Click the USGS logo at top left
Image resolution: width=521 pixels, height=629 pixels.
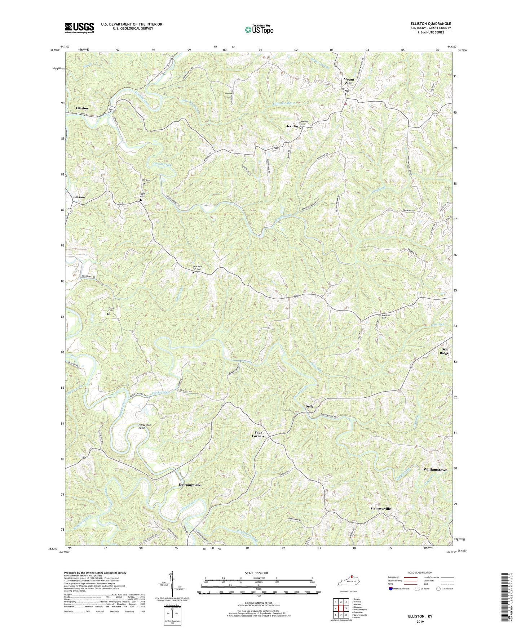coord(79,28)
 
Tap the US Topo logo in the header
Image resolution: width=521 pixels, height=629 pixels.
coord(259,30)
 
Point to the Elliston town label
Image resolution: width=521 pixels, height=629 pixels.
coord(82,108)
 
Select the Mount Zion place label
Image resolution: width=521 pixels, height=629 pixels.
coord(349,81)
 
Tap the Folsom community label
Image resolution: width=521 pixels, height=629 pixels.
coord(79,197)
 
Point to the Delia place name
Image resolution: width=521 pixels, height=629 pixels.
coord(309,406)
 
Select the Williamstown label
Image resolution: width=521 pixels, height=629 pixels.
coord(435,470)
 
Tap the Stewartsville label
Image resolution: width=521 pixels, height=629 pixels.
coord(380,509)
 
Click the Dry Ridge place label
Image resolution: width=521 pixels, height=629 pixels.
coord(444,351)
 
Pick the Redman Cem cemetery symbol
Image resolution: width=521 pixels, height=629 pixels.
coord(379,315)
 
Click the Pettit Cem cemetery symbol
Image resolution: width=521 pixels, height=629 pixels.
coord(108,314)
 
